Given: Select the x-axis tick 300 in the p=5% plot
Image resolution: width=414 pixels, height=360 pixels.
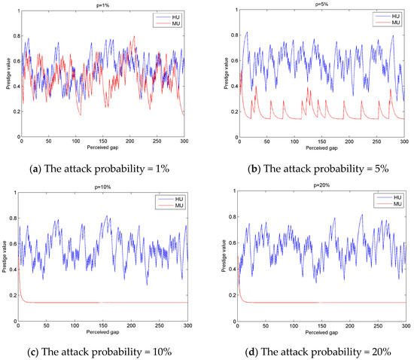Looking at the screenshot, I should coord(404,142).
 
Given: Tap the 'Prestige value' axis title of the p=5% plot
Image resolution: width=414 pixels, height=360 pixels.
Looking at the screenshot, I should coord(218,72).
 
